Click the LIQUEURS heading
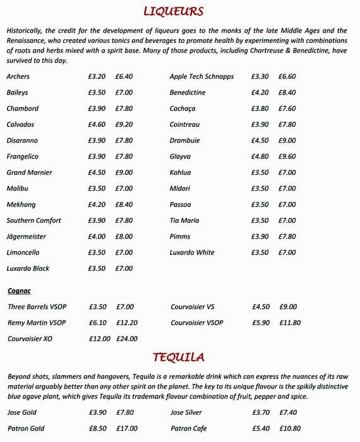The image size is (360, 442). click(x=173, y=11)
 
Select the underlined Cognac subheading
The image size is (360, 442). click(x=19, y=291)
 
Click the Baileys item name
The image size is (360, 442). click(x=17, y=93)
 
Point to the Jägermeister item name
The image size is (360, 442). click(x=26, y=237)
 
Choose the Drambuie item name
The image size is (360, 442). click(x=184, y=141)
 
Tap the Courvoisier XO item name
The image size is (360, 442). click(x=30, y=339)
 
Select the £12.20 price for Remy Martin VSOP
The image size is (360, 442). click(x=127, y=323)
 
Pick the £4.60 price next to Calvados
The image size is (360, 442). click(x=97, y=125)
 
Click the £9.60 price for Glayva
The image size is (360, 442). click(x=287, y=157)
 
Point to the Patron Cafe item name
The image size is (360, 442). click(x=188, y=429)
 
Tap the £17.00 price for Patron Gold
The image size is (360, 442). click(x=127, y=429)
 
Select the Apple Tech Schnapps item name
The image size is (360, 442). click(x=201, y=77)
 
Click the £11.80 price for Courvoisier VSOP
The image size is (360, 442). click(x=290, y=323)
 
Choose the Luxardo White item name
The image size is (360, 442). click(x=192, y=253)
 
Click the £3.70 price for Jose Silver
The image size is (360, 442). click(x=261, y=413)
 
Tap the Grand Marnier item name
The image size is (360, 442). click(x=29, y=172)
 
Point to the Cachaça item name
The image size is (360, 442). click(x=183, y=109)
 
